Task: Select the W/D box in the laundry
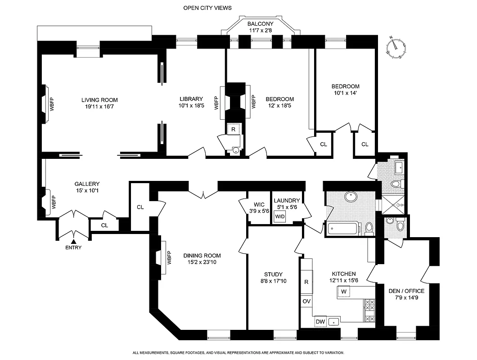280,216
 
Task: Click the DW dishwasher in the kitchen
320,321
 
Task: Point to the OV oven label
306,301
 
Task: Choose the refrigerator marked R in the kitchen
306,282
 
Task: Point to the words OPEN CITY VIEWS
207,8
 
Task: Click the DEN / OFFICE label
406,291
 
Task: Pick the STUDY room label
273,274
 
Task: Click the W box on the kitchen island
344,292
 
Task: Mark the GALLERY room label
87,184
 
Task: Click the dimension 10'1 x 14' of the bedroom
346,93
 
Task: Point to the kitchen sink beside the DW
333,321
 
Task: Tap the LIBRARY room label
191,99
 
